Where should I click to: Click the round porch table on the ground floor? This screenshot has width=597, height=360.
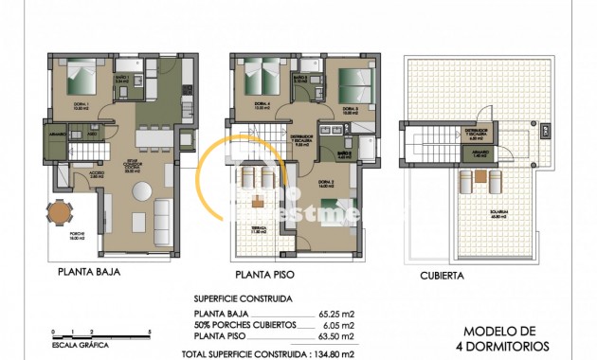coord(60,214)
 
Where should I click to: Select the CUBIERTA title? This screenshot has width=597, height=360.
coord(441,277)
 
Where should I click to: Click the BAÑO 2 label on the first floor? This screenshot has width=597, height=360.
coord(346,153)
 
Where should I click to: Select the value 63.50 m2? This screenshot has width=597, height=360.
coord(336,335)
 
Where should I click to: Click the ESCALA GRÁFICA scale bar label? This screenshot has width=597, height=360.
coord(76,347)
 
